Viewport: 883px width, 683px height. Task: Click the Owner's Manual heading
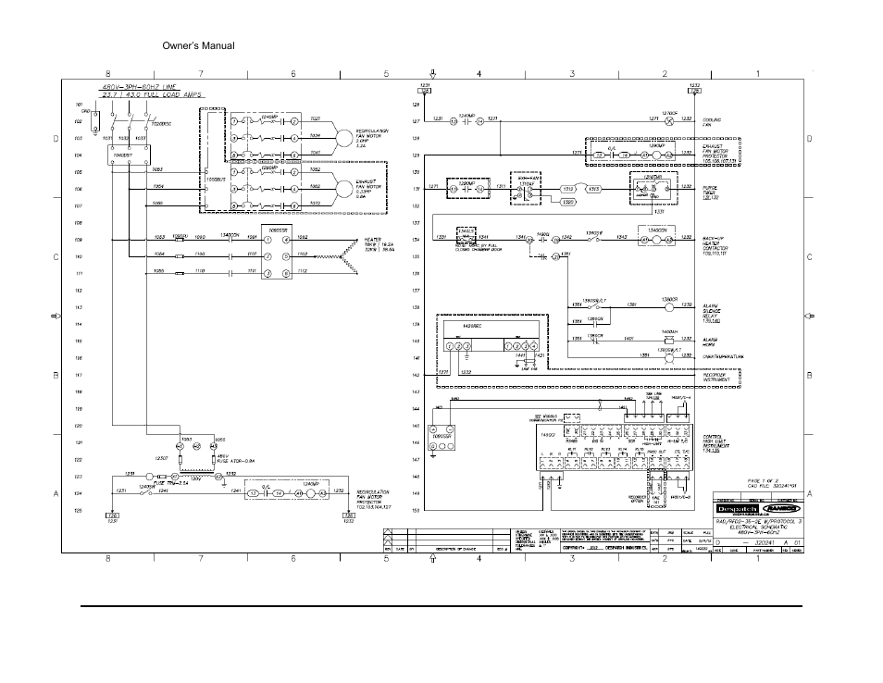[198, 45]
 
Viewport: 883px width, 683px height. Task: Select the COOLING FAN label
[713, 122]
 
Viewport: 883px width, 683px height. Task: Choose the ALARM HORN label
[711, 341]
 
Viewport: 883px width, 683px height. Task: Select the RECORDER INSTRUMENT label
[722, 377]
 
